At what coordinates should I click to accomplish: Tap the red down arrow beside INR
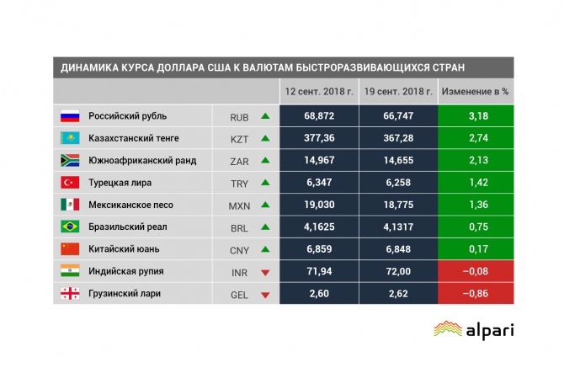265,272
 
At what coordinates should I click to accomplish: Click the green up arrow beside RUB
265,115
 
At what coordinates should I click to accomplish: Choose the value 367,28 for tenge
398,137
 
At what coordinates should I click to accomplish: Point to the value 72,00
398,272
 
